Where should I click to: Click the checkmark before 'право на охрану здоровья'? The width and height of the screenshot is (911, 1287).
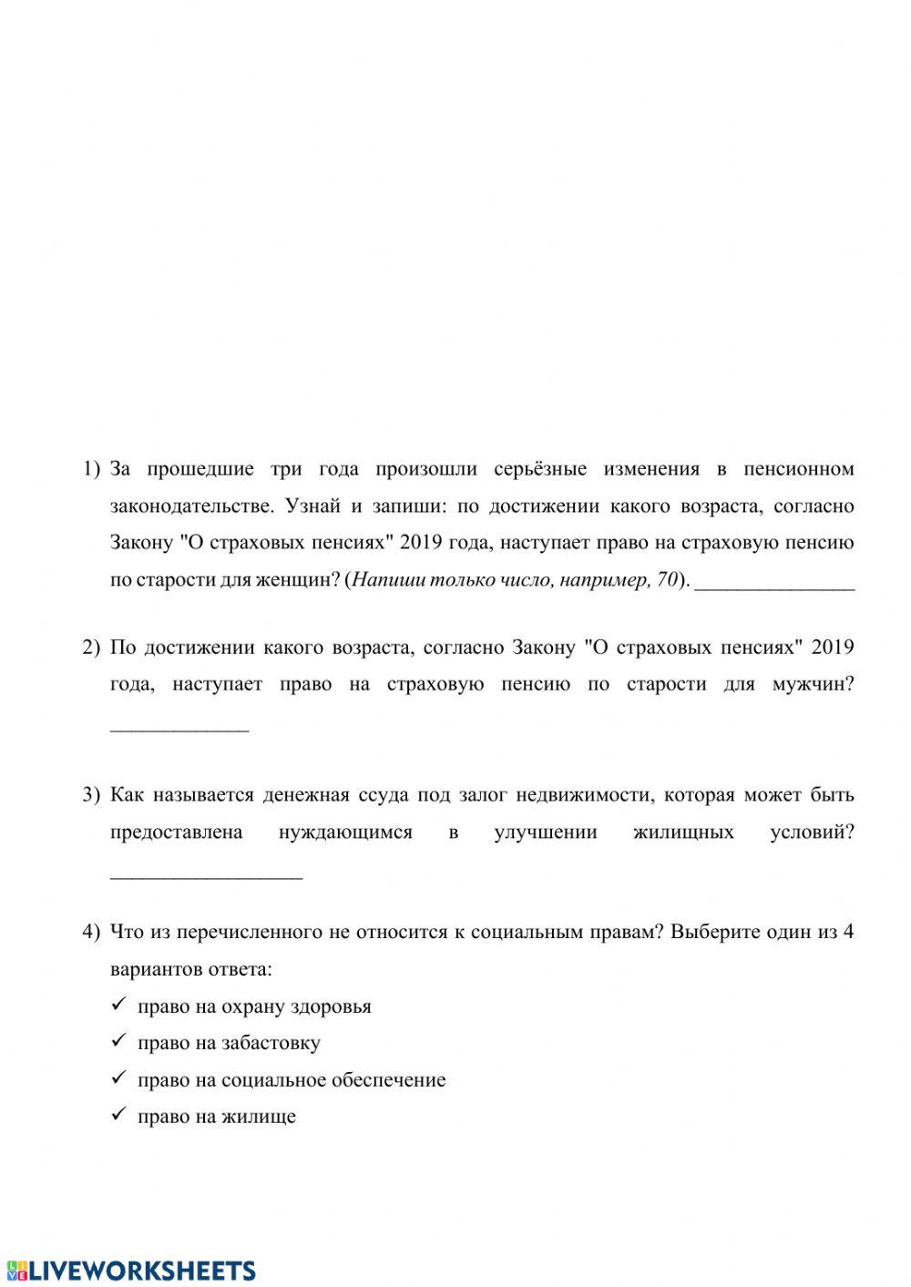[118, 1006]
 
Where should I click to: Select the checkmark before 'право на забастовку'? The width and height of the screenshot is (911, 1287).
[118, 1042]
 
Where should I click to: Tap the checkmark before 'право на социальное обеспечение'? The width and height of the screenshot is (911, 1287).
[118, 1079]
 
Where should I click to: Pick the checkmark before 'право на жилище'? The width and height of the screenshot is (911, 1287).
[118, 1116]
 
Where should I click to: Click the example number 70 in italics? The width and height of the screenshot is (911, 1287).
[668, 580]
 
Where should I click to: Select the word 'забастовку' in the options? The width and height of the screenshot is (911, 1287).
[271, 1044]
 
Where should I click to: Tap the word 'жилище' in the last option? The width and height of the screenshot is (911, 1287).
[265, 1117]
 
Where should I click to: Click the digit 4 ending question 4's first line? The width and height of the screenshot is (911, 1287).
[848, 933]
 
